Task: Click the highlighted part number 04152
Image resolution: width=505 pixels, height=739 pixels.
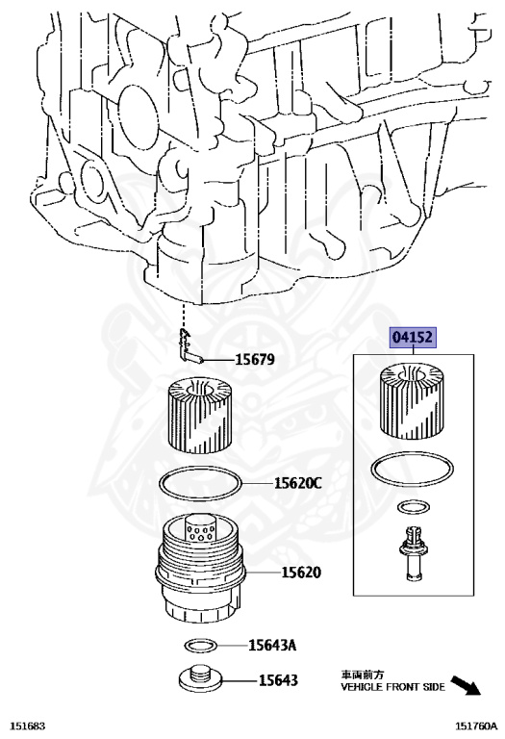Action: click(414, 337)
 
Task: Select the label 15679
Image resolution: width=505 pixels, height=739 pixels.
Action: click(255, 360)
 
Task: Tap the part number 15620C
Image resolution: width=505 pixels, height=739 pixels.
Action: click(298, 483)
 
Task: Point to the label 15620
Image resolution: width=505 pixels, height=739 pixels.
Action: click(301, 573)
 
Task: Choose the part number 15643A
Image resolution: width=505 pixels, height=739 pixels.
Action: click(272, 645)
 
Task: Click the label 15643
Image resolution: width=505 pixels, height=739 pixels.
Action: click(278, 680)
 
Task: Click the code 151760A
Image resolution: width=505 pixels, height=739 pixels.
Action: click(476, 726)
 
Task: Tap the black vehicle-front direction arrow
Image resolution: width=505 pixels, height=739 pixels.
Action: click(466, 685)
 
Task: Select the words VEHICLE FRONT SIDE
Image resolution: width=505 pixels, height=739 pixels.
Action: click(392, 687)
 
